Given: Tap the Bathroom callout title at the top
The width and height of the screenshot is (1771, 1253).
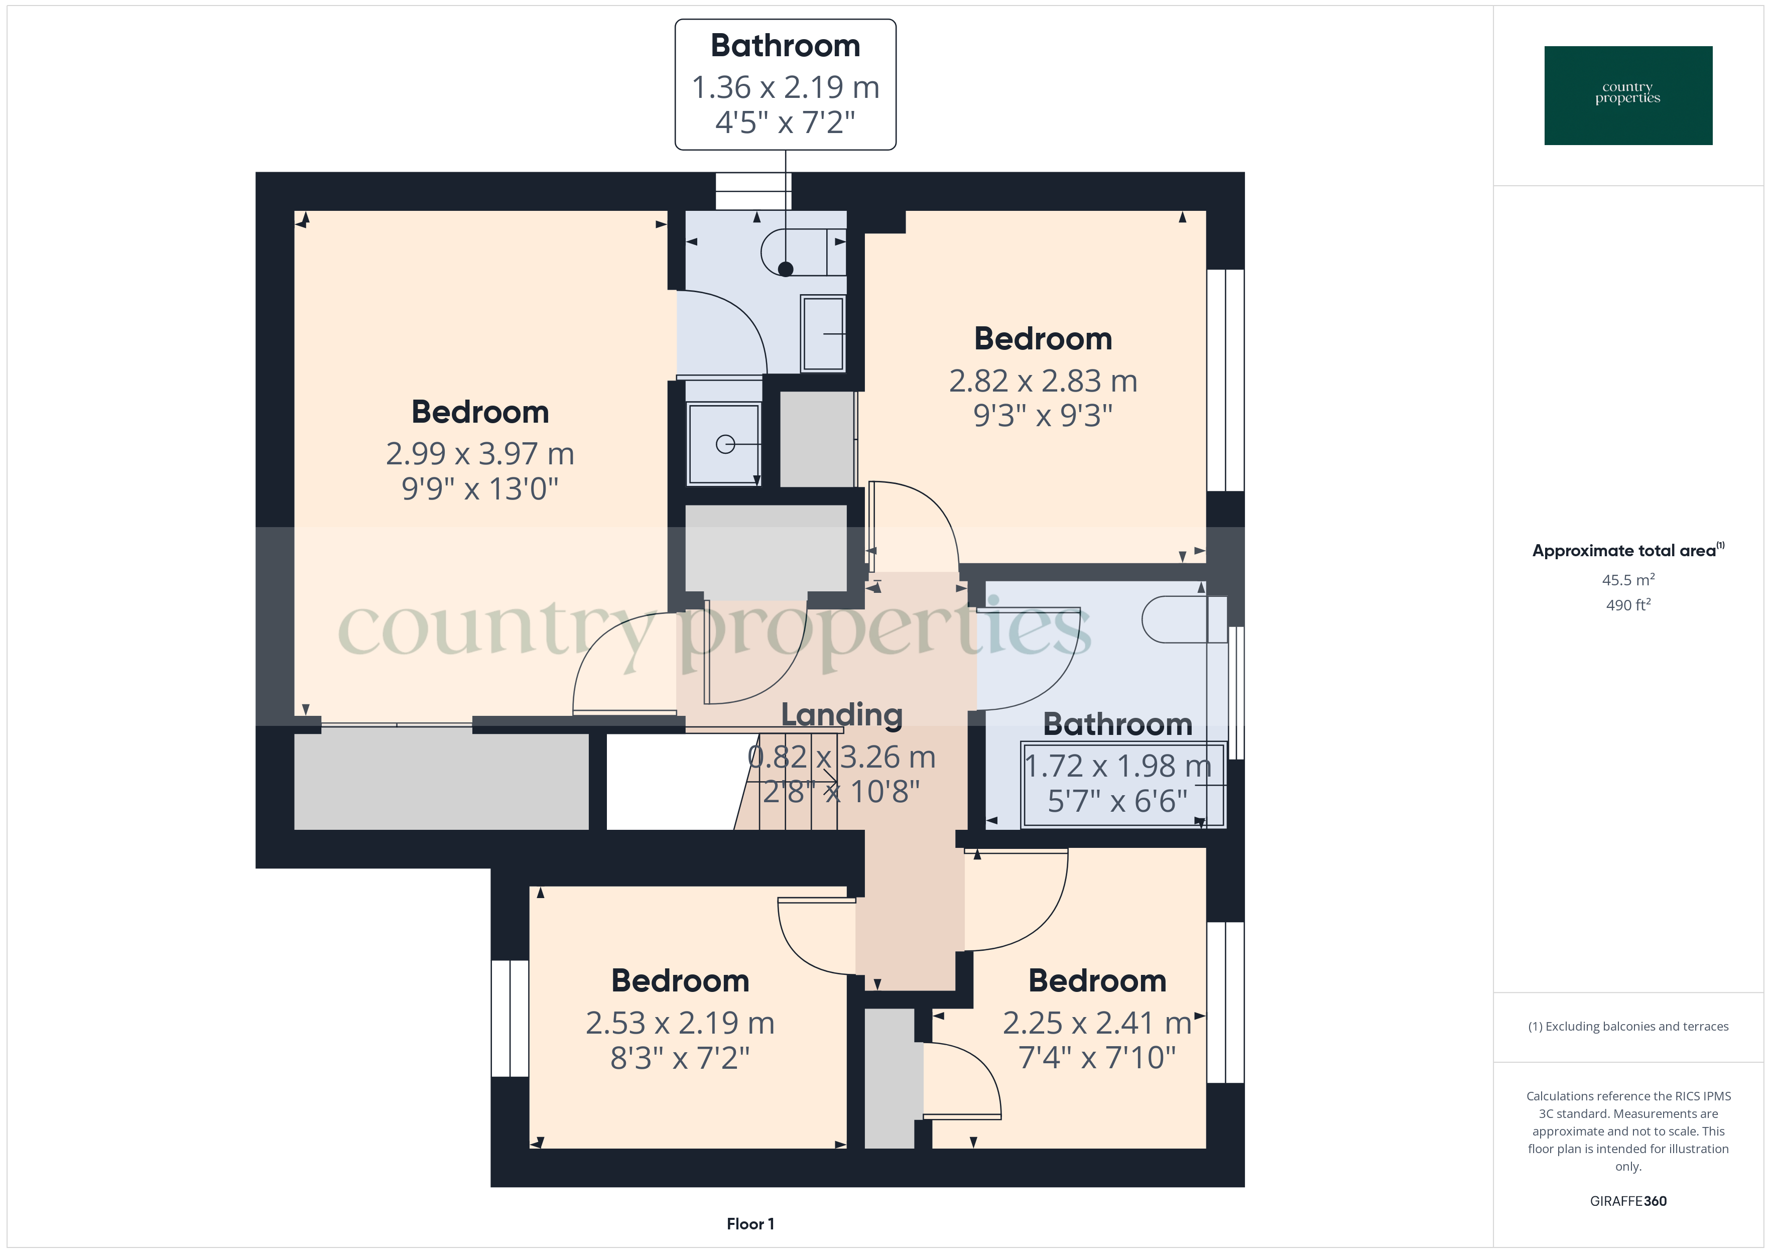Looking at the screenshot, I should click(x=785, y=46).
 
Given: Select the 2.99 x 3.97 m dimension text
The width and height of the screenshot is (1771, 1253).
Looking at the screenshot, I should click(x=480, y=454).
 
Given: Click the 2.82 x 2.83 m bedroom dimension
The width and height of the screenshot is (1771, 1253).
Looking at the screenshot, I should click(x=1043, y=381).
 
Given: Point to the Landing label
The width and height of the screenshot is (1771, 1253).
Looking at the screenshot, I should click(x=841, y=714).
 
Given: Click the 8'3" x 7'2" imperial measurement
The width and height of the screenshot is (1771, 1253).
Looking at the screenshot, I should click(x=680, y=1058).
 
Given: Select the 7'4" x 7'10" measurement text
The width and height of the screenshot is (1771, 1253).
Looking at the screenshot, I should click(x=1097, y=1057).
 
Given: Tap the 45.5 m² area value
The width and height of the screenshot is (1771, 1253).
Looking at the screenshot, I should click(x=1627, y=579).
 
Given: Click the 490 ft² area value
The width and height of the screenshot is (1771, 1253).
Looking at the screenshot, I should click(x=1627, y=605).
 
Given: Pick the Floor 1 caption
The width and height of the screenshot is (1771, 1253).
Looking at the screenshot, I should click(x=750, y=1224).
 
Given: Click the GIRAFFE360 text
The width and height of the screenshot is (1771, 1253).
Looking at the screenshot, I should click(x=1627, y=1200).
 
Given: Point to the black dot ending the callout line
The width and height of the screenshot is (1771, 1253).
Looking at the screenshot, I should click(x=785, y=269).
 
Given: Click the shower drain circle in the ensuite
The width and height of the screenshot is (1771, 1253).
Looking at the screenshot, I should click(x=725, y=444).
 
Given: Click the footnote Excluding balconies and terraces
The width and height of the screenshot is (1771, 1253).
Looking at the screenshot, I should click(x=1627, y=1026).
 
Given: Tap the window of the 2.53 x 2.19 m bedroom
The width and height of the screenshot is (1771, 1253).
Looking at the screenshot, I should click(x=510, y=1018).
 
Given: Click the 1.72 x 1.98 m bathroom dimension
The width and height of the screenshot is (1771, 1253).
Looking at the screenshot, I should click(x=1118, y=766).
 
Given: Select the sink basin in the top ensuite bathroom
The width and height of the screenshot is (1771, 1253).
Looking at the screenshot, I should click(x=823, y=333).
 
